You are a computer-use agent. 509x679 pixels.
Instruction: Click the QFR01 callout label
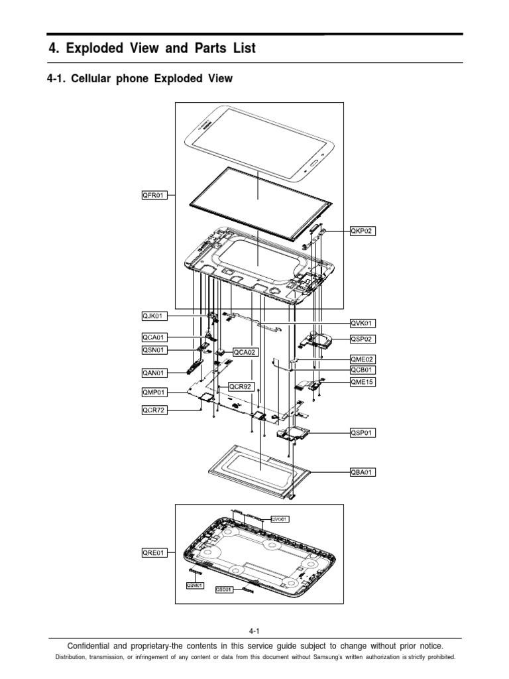[154, 195]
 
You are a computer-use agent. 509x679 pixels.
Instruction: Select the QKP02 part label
[363, 231]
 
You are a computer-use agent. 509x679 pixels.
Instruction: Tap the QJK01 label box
[154, 316]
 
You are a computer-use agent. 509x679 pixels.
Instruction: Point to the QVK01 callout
[363, 323]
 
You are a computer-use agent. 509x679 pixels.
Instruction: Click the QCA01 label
[154, 338]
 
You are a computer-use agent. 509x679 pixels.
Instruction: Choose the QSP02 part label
[363, 338]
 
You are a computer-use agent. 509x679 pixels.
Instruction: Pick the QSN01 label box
[154, 349]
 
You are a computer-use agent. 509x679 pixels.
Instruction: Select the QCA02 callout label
[243, 352]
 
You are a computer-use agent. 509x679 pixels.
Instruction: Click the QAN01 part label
[154, 373]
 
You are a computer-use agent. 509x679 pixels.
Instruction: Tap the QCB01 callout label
[363, 370]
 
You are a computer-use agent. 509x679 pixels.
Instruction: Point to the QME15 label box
[363, 382]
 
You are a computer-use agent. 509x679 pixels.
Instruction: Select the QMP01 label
[154, 392]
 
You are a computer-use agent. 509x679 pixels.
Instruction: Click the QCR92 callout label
[241, 386]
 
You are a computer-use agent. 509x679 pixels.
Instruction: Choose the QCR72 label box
[154, 410]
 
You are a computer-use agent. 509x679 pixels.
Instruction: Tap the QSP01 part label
[363, 433]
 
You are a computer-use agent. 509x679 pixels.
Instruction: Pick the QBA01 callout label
[363, 472]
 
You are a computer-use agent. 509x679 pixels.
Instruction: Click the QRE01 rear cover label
[154, 551]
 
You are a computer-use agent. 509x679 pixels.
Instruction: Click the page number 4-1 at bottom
[254, 631]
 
